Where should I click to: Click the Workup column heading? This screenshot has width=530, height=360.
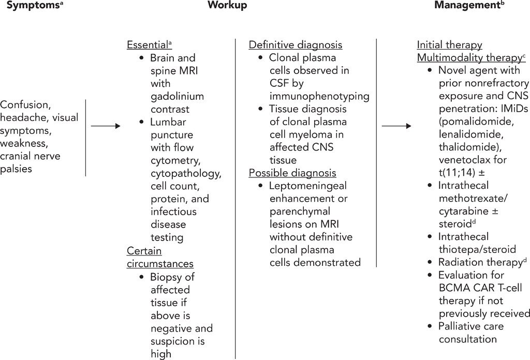coord(227,6)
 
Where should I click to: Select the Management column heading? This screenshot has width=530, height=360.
coord(466,6)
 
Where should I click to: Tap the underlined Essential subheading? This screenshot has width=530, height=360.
coord(148,45)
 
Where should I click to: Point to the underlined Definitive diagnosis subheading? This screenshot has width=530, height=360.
coord(296,45)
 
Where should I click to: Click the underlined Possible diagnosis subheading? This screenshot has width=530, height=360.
coord(292,173)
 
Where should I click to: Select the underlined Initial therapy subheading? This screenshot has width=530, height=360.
coord(449,45)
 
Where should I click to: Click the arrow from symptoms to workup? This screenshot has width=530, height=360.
coord(106,126)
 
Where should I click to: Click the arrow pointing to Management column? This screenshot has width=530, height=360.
coord(396,126)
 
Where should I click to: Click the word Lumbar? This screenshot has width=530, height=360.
coord(168,122)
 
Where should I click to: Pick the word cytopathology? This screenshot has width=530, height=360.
coord(186,173)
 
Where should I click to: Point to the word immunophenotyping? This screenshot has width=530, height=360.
coord(319,96)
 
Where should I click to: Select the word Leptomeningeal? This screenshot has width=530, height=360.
coord(308,186)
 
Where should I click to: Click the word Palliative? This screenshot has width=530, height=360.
coord(463,326)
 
